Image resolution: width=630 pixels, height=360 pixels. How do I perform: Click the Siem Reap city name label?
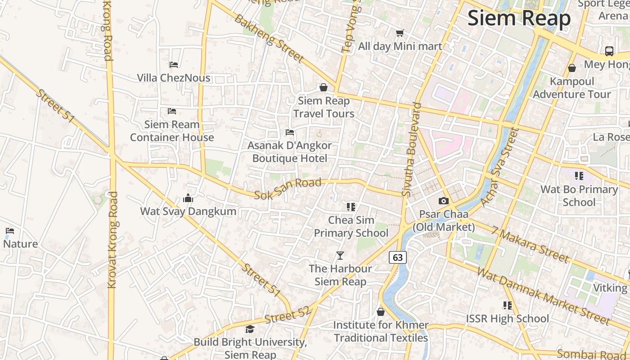click(x=519, y=18)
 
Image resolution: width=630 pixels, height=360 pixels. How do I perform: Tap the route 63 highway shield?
click(x=398, y=257)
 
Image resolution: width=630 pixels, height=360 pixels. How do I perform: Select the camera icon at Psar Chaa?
click(x=444, y=201)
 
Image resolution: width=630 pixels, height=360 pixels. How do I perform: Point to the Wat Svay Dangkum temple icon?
click(x=188, y=198)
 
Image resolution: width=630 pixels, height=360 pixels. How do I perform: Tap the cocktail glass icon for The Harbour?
click(x=340, y=256)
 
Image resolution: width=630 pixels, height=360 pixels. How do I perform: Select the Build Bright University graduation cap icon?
click(x=250, y=329)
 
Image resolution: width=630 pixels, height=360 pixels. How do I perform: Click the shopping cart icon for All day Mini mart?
click(x=400, y=33)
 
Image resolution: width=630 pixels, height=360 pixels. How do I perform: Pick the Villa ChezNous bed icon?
click(x=174, y=65)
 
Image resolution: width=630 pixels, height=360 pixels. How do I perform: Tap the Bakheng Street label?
click(x=269, y=39)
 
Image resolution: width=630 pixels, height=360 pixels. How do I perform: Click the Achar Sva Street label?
click(x=500, y=166)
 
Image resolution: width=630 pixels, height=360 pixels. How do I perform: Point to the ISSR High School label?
click(x=507, y=319)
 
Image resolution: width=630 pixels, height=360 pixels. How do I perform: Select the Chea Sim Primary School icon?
click(x=351, y=207)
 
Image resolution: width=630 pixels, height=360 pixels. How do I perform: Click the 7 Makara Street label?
click(x=530, y=244)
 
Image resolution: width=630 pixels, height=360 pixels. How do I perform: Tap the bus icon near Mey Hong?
click(x=609, y=51)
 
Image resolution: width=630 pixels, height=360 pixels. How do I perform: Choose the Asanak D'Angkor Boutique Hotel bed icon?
click(x=290, y=132)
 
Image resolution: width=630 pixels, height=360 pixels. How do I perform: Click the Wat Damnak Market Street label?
click(x=543, y=296)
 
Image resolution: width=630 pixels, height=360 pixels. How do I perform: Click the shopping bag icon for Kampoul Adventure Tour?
click(x=571, y=68)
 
